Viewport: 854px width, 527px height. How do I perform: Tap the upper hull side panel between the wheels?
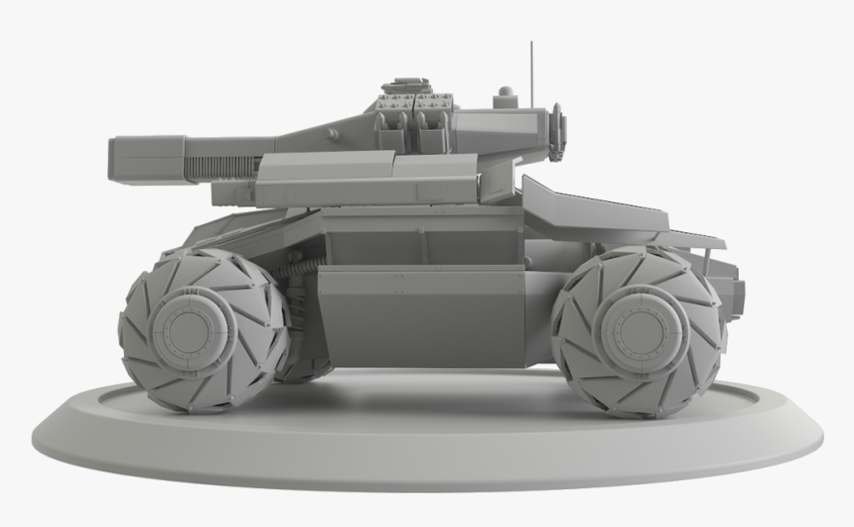[x=427, y=238]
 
